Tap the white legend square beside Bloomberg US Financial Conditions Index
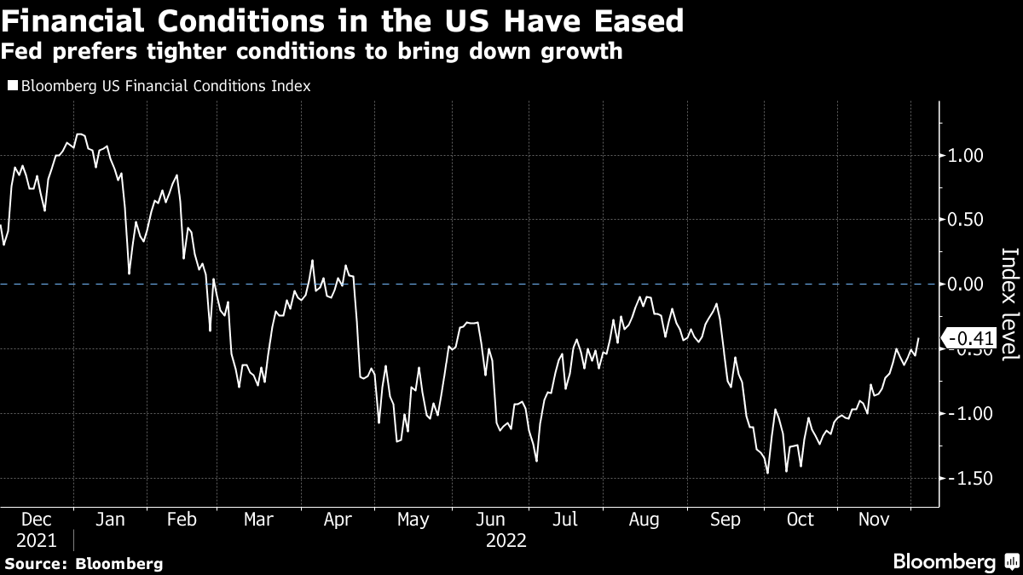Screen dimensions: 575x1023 [x=13, y=86]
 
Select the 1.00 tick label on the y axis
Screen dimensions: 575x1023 [x=966, y=156]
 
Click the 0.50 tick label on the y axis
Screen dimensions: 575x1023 [x=966, y=220]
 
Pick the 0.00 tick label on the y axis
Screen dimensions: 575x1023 [x=966, y=285]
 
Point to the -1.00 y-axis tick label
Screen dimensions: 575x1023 [x=963, y=414]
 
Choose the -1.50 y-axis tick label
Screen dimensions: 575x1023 [x=963, y=479]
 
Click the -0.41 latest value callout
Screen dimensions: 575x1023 [x=970, y=339]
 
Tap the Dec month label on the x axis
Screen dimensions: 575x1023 [x=36, y=520]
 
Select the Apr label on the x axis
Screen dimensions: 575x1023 [x=339, y=520]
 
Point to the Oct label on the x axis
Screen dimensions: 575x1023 [x=800, y=520]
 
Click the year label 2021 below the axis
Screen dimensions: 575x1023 [x=36, y=540]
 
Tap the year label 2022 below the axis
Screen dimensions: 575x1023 [x=506, y=540]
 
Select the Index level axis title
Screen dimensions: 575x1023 [x=1009, y=304]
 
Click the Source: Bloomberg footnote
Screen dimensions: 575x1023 [x=84, y=563]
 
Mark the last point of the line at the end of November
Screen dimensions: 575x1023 [x=918, y=338]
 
